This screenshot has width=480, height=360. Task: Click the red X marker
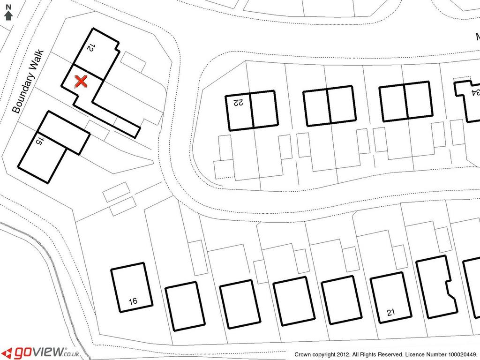(81, 82)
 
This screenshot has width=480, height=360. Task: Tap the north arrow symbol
(8, 15)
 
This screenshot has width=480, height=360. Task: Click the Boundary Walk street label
(28, 82)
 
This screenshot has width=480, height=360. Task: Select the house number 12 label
(90, 47)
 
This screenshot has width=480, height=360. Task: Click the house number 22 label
(238, 102)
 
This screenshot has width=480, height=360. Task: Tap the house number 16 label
(133, 301)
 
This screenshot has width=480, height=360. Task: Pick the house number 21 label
(391, 313)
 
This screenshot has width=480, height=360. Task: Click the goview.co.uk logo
(42, 352)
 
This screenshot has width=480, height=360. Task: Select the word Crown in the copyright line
(302, 354)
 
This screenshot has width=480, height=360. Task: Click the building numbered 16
(132, 287)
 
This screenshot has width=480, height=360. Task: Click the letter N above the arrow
(8, 7)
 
